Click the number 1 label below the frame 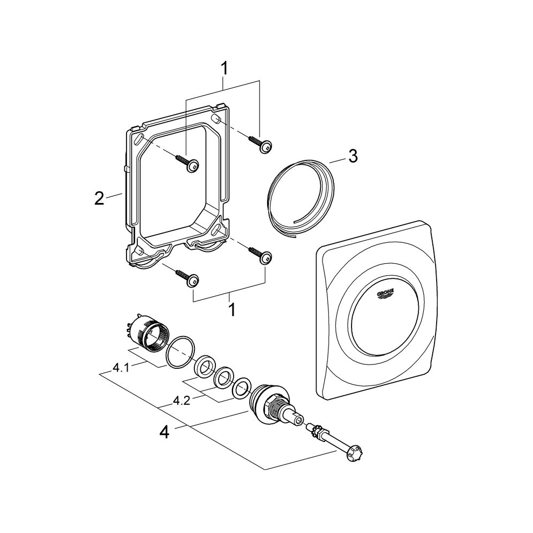(232, 310)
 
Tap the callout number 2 (99, 198)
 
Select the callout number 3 (353, 156)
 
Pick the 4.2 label (182, 401)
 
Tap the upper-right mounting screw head (265, 147)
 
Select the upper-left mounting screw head (192, 166)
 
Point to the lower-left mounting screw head (192, 279)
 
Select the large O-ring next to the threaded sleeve (178, 354)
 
